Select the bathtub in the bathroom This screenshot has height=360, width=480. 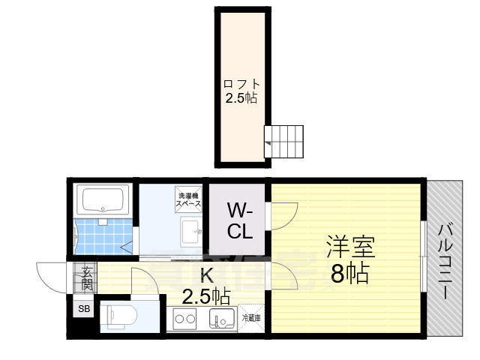pyautogui.click(x=105, y=201)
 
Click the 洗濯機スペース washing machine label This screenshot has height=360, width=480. pyautogui.click(x=187, y=198)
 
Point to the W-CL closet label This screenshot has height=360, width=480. pyautogui.click(x=239, y=221)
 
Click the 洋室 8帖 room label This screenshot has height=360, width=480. pyautogui.click(x=349, y=259)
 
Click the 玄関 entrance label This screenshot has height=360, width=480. pyautogui.click(x=87, y=278)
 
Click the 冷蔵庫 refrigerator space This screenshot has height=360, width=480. pyautogui.click(x=251, y=318)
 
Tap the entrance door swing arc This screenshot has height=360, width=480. pyautogui.click(x=51, y=275)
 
